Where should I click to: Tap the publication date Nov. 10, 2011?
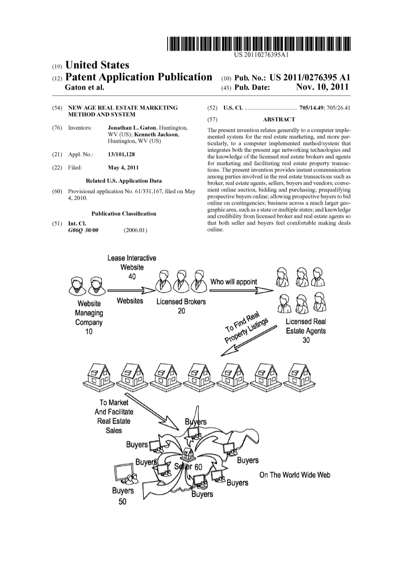323,87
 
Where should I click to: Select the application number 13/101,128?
121,155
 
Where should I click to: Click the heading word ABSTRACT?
279,119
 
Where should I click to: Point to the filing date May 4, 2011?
123,168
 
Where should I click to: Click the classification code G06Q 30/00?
83,230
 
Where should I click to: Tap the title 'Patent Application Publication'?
138,77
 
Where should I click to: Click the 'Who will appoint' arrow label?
234,282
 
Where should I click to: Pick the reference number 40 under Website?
132,276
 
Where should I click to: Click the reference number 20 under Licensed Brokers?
181,311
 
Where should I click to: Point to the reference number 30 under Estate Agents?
306,340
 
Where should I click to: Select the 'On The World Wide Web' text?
295,475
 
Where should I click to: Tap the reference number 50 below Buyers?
122,501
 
